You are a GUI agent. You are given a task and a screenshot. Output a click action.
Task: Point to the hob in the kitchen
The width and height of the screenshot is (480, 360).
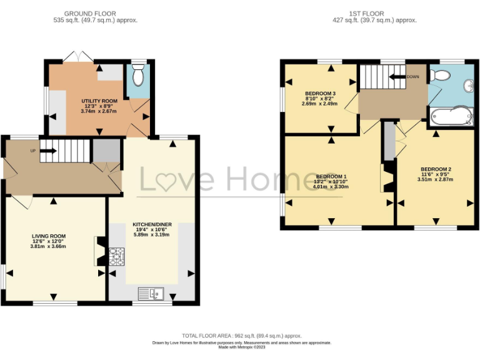pyautogui.click(x=117, y=256)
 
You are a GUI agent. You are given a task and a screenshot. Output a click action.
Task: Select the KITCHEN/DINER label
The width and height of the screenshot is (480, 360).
pyautogui.click(x=152, y=224)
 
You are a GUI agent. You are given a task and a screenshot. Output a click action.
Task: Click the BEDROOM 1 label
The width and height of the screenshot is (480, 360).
pyautogui.click(x=331, y=176)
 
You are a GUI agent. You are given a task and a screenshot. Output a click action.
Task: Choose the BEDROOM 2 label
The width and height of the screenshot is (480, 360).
pyautogui.click(x=436, y=169)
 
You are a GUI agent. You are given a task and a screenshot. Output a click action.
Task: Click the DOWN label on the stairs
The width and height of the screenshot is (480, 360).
pyautogui.click(x=412, y=77)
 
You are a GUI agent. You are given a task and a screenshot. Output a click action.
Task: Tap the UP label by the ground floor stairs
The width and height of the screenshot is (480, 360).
pyautogui.click(x=32, y=151)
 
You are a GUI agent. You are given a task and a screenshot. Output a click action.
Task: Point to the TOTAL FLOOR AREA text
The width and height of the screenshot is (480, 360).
pyautogui.click(x=241, y=335)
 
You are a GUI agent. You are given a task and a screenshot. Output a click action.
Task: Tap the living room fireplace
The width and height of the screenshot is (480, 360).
pyautogui.click(x=99, y=251)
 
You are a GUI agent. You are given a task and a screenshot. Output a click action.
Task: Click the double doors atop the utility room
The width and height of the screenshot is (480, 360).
pyautogui.click(x=78, y=57)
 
